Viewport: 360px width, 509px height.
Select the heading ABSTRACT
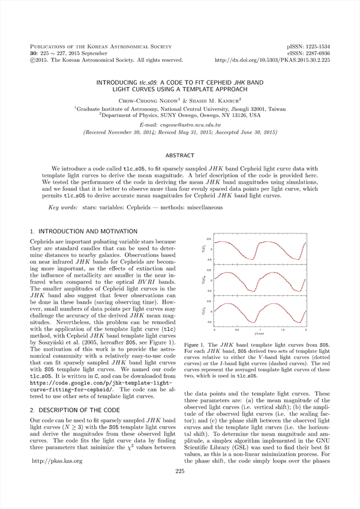(x=179, y=154)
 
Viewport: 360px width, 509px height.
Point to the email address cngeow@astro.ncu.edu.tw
(x=179, y=124)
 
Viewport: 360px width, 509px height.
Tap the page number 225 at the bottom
(x=179, y=488)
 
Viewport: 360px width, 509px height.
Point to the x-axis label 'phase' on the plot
(x=260, y=334)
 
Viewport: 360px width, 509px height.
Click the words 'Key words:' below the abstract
(x=63, y=207)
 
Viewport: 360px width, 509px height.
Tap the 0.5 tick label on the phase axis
(x=237, y=330)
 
